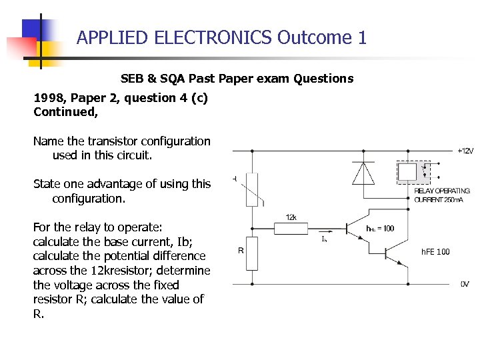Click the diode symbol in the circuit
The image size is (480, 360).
point(363,173)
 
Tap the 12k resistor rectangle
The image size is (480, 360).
point(291,227)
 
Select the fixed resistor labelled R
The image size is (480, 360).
point(251,253)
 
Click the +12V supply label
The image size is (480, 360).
point(465,151)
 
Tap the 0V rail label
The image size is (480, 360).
point(465,284)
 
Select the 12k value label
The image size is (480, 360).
point(291,217)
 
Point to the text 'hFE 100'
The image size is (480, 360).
point(435,251)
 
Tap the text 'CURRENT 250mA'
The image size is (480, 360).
point(439,199)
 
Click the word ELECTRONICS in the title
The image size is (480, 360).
point(213,37)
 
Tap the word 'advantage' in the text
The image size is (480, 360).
point(111,184)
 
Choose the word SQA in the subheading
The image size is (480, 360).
point(169,79)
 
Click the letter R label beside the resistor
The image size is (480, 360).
point(241,251)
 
